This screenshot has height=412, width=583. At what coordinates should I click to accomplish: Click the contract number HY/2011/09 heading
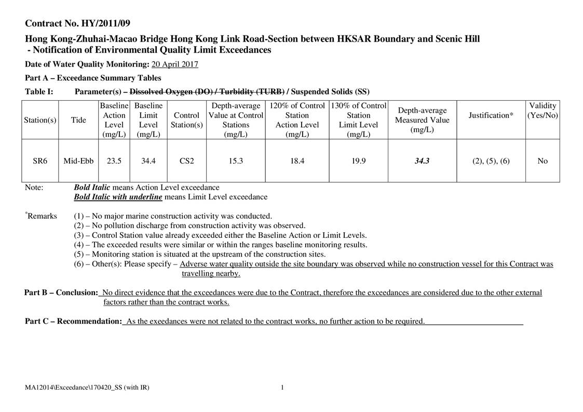(x=78, y=23)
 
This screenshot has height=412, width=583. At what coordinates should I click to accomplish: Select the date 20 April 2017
(x=174, y=64)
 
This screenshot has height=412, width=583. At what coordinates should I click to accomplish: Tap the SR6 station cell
(x=40, y=161)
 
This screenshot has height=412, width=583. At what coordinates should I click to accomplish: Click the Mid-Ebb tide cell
(x=78, y=161)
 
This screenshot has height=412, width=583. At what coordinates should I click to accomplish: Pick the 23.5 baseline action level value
(x=114, y=161)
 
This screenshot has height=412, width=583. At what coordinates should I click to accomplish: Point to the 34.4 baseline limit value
(x=148, y=161)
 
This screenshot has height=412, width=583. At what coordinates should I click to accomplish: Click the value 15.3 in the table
(x=236, y=161)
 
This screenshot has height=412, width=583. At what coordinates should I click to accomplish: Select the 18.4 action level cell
(x=297, y=161)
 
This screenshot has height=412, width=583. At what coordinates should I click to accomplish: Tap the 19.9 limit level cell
(x=358, y=161)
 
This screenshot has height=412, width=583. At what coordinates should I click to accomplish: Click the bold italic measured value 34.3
(x=422, y=161)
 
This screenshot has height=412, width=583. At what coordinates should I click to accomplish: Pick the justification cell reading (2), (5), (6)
(x=491, y=161)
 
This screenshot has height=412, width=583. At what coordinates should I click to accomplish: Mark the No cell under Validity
(x=543, y=161)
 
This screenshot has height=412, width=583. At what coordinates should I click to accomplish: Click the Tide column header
(x=78, y=120)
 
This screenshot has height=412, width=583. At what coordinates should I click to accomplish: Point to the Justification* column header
(x=491, y=115)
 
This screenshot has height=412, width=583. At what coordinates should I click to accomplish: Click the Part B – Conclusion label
(x=61, y=293)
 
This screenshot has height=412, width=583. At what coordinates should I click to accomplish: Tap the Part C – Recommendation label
(x=73, y=321)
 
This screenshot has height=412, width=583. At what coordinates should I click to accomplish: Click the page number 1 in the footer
(x=282, y=388)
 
